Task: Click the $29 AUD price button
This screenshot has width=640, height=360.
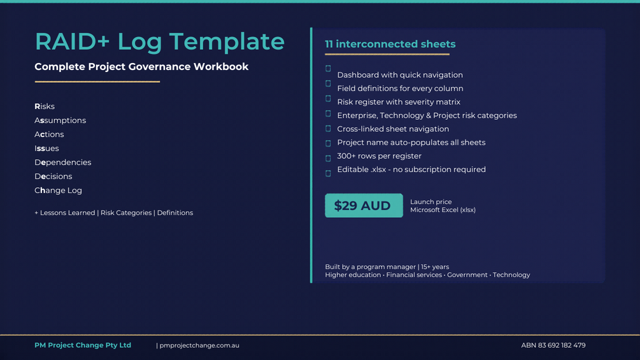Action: click(364, 205)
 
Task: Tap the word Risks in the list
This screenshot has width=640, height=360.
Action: click(45, 106)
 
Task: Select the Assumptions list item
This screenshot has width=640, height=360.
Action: click(60, 120)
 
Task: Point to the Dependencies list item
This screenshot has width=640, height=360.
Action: click(63, 162)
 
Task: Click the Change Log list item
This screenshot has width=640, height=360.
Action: click(59, 191)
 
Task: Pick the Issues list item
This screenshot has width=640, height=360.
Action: click(46, 148)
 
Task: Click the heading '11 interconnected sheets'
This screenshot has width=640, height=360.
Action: click(390, 44)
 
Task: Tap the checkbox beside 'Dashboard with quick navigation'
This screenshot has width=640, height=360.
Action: click(328, 69)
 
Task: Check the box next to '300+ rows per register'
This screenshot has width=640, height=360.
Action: click(328, 159)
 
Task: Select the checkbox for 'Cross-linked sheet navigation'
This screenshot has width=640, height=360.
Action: click(328, 129)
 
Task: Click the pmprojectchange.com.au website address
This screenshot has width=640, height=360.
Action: click(199, 345)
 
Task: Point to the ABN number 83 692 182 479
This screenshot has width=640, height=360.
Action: click(553, 345)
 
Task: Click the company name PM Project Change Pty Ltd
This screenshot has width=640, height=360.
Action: click(83, 345)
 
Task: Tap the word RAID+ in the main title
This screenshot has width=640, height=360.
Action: click(73, 41)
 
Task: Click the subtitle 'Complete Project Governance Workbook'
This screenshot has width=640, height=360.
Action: click(141, 66)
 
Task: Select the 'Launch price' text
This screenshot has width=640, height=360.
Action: click(431, 201)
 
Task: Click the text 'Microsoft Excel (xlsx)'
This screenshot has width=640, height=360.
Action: click(443, 210)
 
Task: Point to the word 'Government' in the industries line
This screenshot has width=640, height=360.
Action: click(467, 275)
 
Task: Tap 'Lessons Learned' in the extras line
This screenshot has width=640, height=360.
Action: click(68, 213)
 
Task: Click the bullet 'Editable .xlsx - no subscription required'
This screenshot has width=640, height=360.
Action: click(411, 169)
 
